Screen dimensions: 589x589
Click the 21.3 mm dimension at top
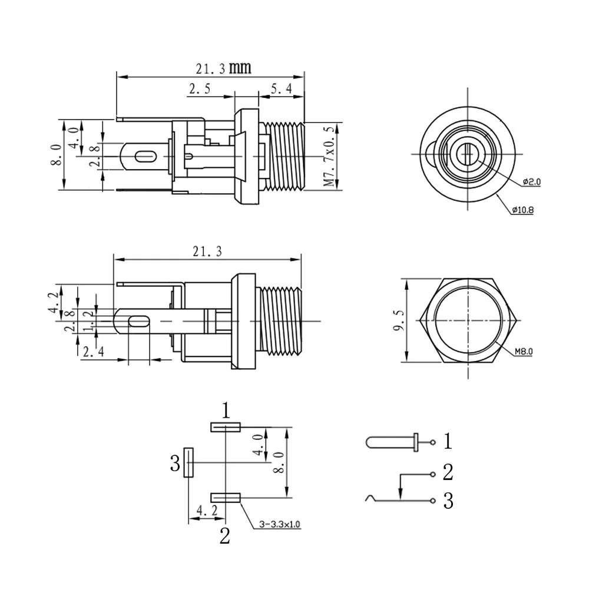pyautogui.click(x=223, y=68)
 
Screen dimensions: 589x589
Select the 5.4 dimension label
pyautogui.click(x=280, y=89)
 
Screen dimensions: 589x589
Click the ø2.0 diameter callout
pyautogui.click(x=531, y=182)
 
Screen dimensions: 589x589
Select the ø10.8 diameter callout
pyautogui.click(x=522, y=210)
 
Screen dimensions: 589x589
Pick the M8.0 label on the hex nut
pyautogui.click(x=523, y=352)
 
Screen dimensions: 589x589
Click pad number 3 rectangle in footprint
pyautogui.click(x=188, y=462)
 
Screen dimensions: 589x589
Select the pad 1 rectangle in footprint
pyautogui.click(x=225, y=427)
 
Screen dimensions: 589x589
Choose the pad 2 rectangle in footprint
pyautogui.click(x=225, y=498)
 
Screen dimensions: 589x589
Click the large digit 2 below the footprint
pyautogui.click(x=225, y=537)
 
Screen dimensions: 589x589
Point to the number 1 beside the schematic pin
pyautogui.click(x=448, y=441)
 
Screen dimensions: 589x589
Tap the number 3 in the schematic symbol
pyautogui.click(x=448, y=501)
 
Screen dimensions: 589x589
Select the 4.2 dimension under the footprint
pyautogui.click(x=204, y=510)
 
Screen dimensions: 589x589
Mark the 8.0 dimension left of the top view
pyautogui.click(x=56, y=154)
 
